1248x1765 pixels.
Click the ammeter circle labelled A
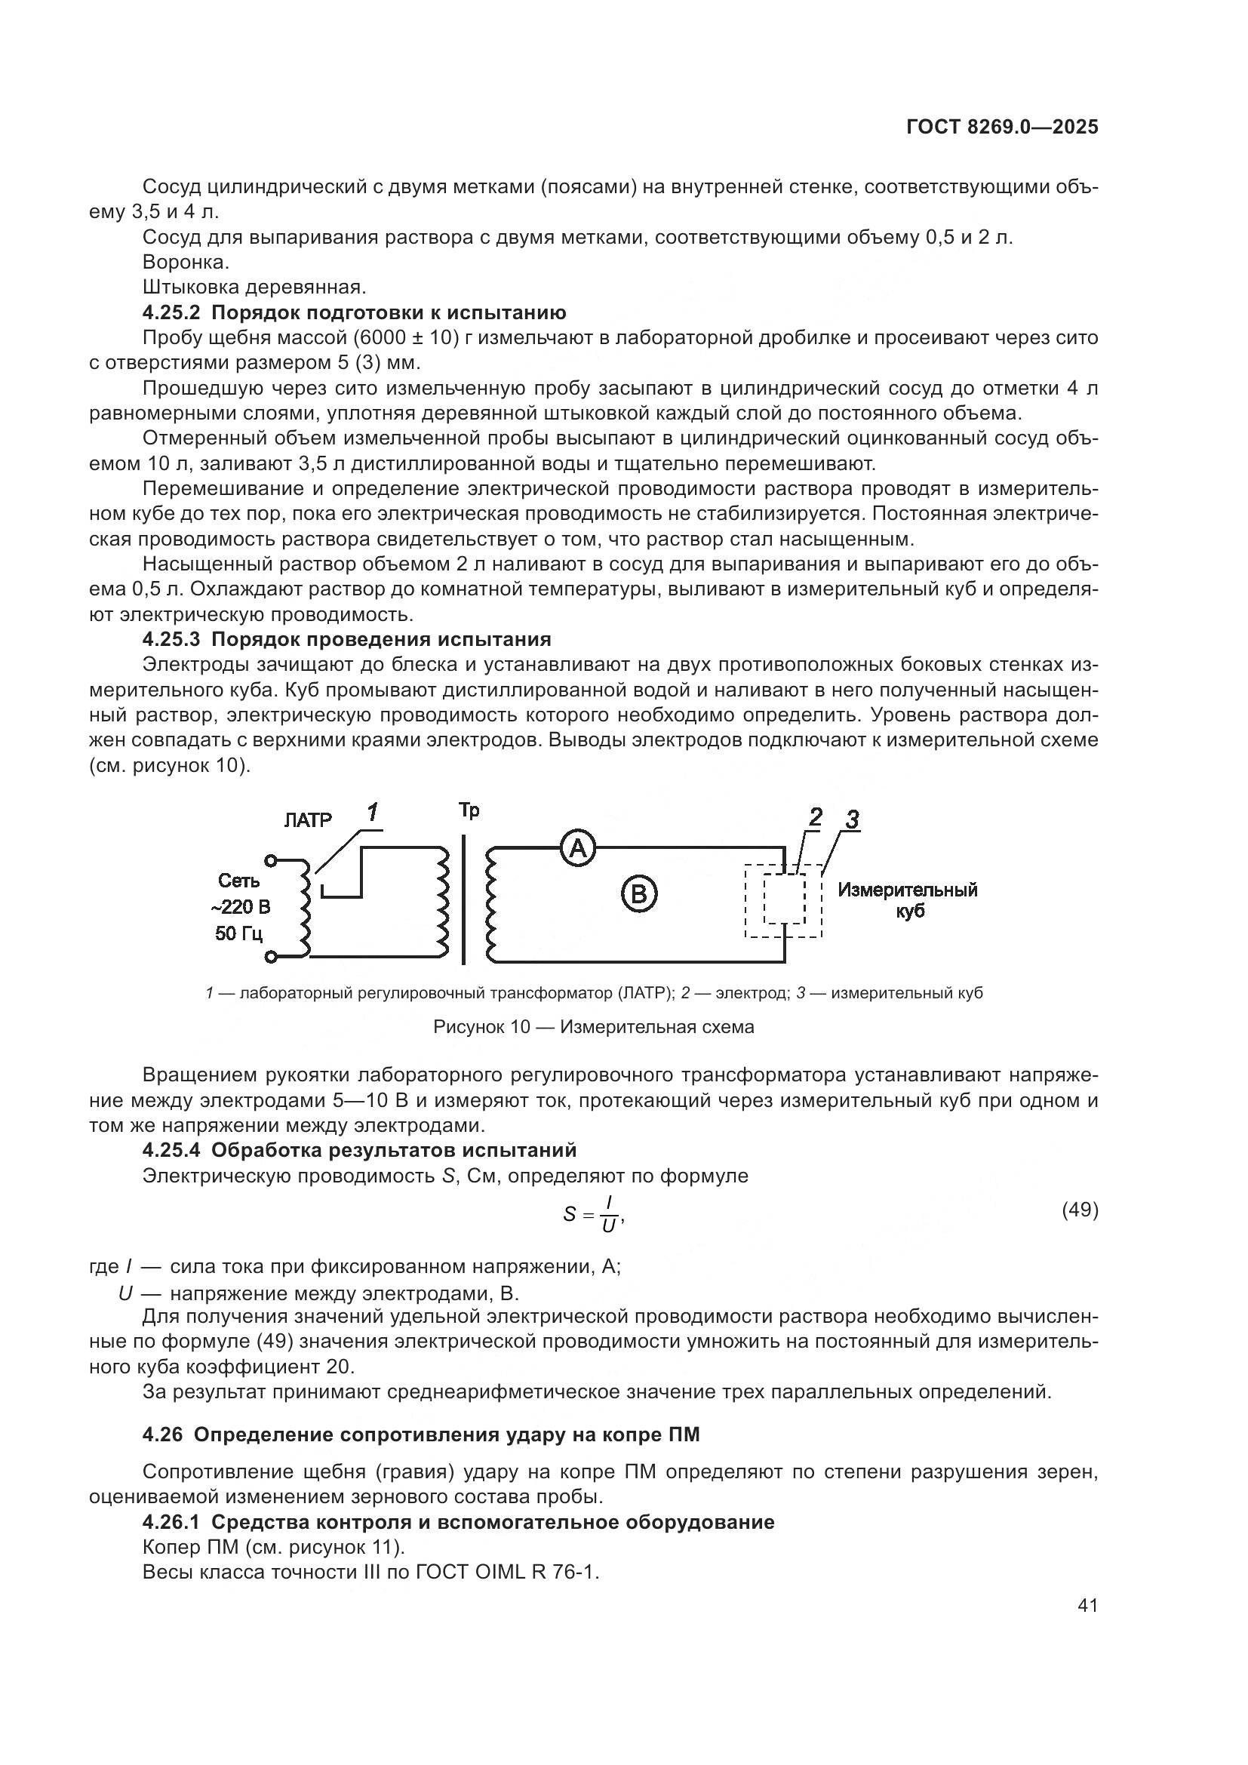pyautogui.click(x=577, y=849)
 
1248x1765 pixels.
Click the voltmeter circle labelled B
pyautogui.click(x=638, y=894)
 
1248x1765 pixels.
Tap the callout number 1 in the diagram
pyautogui.click(x=373, y=813)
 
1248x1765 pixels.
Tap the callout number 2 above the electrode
pyautogui.click(x=815, y=817)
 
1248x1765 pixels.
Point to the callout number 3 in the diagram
pyautogui.click(x=852, y=820)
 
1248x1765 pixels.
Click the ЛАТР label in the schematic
pyautogui.click(x=307, y=820)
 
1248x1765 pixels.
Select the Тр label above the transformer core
pyautogui.click(x=469, y=810)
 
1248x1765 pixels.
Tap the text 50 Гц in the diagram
pyautogui.click(x=239, y=934)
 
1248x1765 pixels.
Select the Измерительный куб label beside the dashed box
pyautogui.click(x=908, y=900)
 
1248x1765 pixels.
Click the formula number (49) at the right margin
pyautogui.click(x=1080, y=1210)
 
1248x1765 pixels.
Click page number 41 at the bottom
pyautogui.click(x=1087, y=1605)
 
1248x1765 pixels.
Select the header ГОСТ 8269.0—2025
pyautogui.click(x=1002, y=128)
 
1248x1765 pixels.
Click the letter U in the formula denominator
pyautogui.click(x=609, y=1226)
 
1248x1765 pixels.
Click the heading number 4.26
pyautogui.click(x=164, y=1434)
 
